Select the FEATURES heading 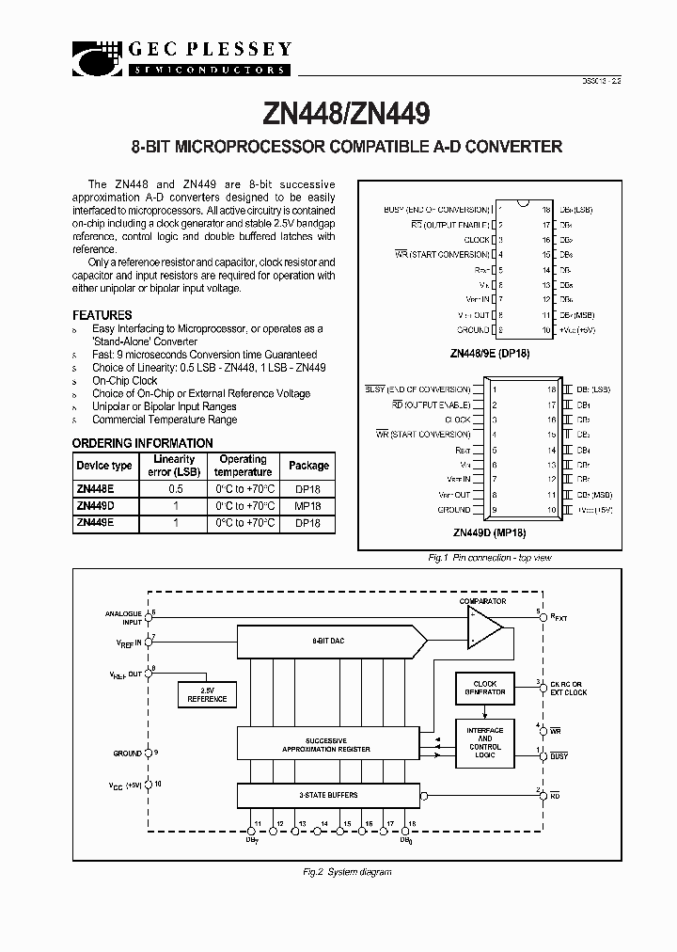coord(102,315)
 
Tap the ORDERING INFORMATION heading coord(143,443)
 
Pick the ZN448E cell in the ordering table coord(95,490)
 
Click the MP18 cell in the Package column coord(308,506)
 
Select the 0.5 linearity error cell coord(174,490)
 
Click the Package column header coord(308,466)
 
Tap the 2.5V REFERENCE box coord(208,695)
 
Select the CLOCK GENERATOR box coord(484,687)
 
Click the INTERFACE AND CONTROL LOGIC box coord(484,742)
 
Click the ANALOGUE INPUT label coord(123,616)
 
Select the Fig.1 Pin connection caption coord(489,558)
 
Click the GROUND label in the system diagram coord(127,754)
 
